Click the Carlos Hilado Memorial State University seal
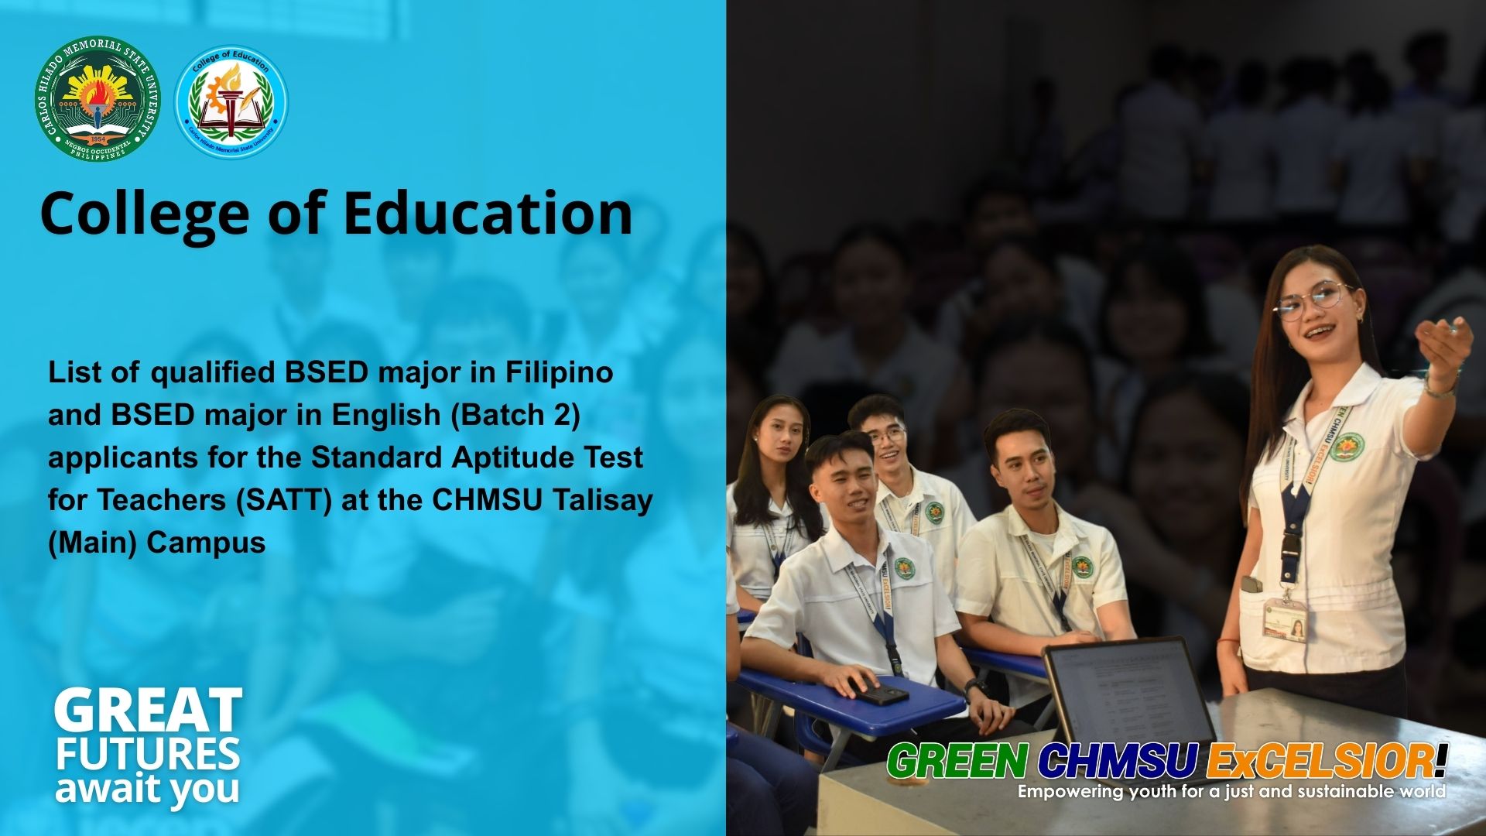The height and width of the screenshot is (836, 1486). (97, 98)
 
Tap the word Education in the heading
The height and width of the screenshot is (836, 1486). (488, 214)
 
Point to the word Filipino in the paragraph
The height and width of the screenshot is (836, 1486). (559, 372)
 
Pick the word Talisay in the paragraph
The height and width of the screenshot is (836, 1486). (602, 500)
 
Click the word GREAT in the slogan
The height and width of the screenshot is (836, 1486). (148, 711)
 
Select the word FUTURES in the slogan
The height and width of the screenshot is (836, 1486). (147, 754)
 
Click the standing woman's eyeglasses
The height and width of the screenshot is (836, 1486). (1313, 300)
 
